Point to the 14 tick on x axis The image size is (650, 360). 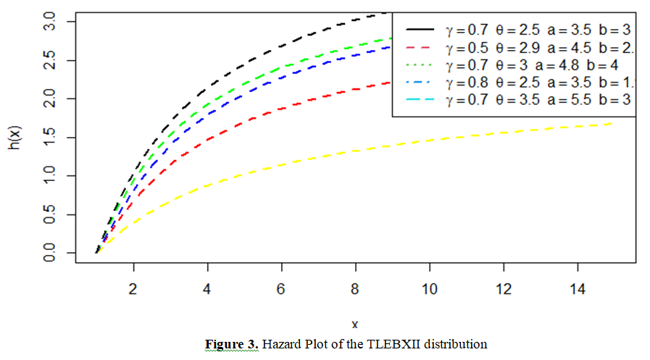coord(578,288)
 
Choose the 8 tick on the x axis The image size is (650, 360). coord(355,288)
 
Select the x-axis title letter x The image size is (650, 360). coord(355,324)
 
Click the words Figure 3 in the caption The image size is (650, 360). coord(231,343)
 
